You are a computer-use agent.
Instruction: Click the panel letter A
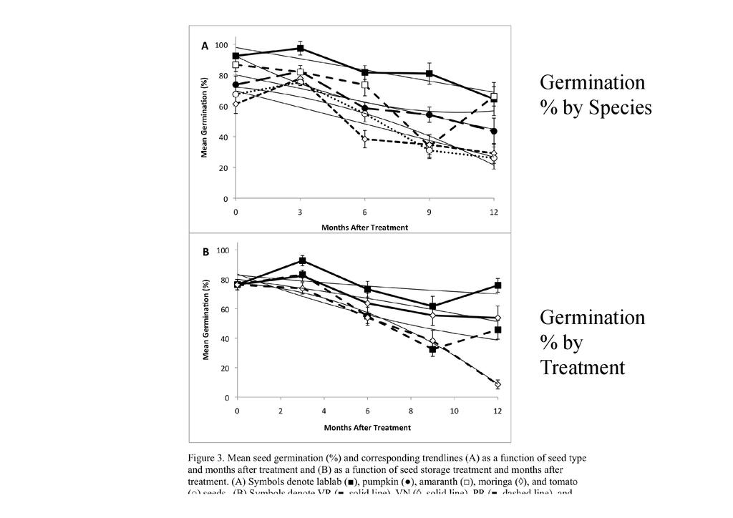pyautogui.click(x=205, y=46)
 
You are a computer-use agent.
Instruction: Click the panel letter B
pyautogui.click(x=205, y=252)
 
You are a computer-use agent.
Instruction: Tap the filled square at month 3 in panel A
pyautogui.click(x=301, y=49)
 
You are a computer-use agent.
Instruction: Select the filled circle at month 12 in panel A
pyautogui.click(x=494, y=131)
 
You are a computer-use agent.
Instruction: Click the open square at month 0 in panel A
pyautogui.click(x=236, y=65)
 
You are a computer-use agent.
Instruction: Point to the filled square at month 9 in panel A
pyautogui.click(x=429, y=74)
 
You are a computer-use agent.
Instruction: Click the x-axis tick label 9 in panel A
pyautogui.click(x=429, y=212)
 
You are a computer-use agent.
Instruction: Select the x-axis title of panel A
pyautogui.click(x=364, y=228)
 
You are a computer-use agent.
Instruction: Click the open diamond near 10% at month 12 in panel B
pyautogui.click(x=497, y=384)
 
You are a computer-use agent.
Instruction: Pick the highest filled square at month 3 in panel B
pyautogui.click(x=303, y=261)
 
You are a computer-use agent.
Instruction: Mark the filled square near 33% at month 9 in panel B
pyautogui.click(x=432, y=348)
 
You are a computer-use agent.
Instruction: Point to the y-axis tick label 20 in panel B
pyautogui.click(x=226, y=368)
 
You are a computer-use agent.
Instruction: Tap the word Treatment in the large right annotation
pyautogui.click(x=582, y=368)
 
